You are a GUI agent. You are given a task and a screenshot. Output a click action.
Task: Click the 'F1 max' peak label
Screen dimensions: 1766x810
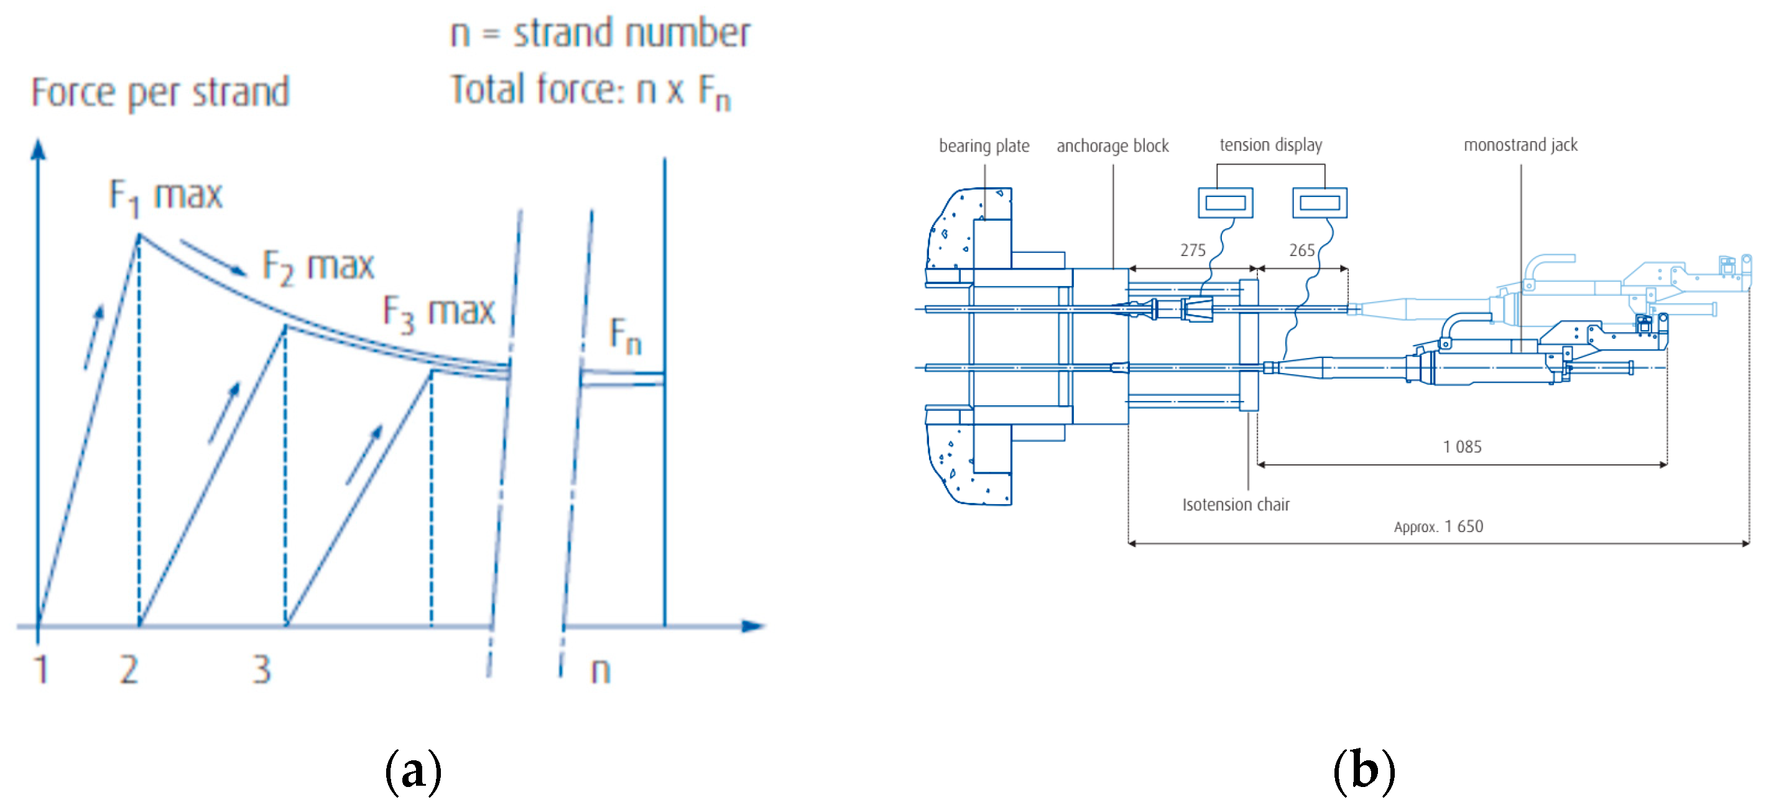(x=166, y=196)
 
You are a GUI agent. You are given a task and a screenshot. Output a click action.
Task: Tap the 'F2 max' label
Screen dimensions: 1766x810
(x=318, y=267)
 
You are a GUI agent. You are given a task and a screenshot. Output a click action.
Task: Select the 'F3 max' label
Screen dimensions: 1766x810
(x=439, y=313)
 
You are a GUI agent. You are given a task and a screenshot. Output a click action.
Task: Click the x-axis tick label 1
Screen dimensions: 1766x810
(x=41, y=669)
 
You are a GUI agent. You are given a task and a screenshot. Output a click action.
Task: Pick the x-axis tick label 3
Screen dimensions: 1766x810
(x=261, y=669)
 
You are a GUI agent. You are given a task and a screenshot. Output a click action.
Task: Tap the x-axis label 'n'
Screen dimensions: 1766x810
(x=601, y=671)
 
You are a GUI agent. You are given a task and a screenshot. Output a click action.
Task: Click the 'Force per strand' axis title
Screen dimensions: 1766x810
(x=160, y=93)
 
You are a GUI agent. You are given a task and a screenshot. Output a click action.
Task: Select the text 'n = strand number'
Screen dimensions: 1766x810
(x=601, y=33)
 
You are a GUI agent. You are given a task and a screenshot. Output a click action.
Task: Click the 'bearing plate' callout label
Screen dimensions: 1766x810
(x=984, y=146)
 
